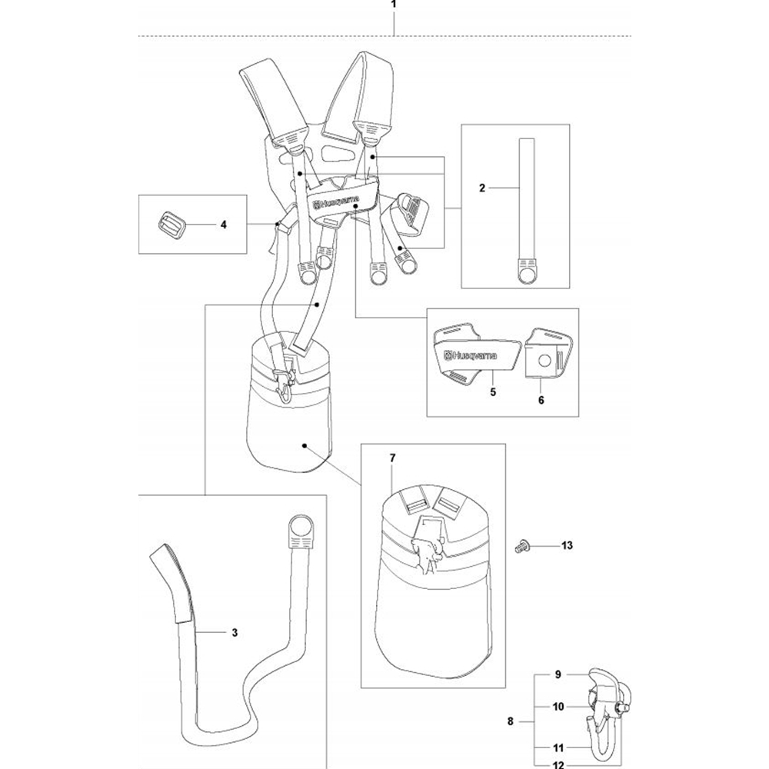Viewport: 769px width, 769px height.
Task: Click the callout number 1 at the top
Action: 393,5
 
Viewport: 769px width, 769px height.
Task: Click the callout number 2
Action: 482,188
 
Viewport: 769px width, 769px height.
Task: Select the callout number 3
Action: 235,633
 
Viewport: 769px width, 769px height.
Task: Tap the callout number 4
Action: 224,225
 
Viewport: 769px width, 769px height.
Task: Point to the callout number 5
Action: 493,392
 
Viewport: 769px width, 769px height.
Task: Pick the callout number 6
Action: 541,400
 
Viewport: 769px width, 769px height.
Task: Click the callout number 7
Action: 392,458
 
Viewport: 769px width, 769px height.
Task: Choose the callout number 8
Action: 511,721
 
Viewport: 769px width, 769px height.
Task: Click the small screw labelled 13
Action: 521,546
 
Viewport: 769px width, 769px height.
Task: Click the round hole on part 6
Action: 544,360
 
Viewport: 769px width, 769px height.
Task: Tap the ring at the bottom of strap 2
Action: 528,276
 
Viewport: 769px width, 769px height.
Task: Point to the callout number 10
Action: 558,707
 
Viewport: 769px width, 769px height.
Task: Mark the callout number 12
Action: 558,764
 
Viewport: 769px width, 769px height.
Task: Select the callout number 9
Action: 558,675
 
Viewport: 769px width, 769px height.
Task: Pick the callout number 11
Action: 558,748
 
